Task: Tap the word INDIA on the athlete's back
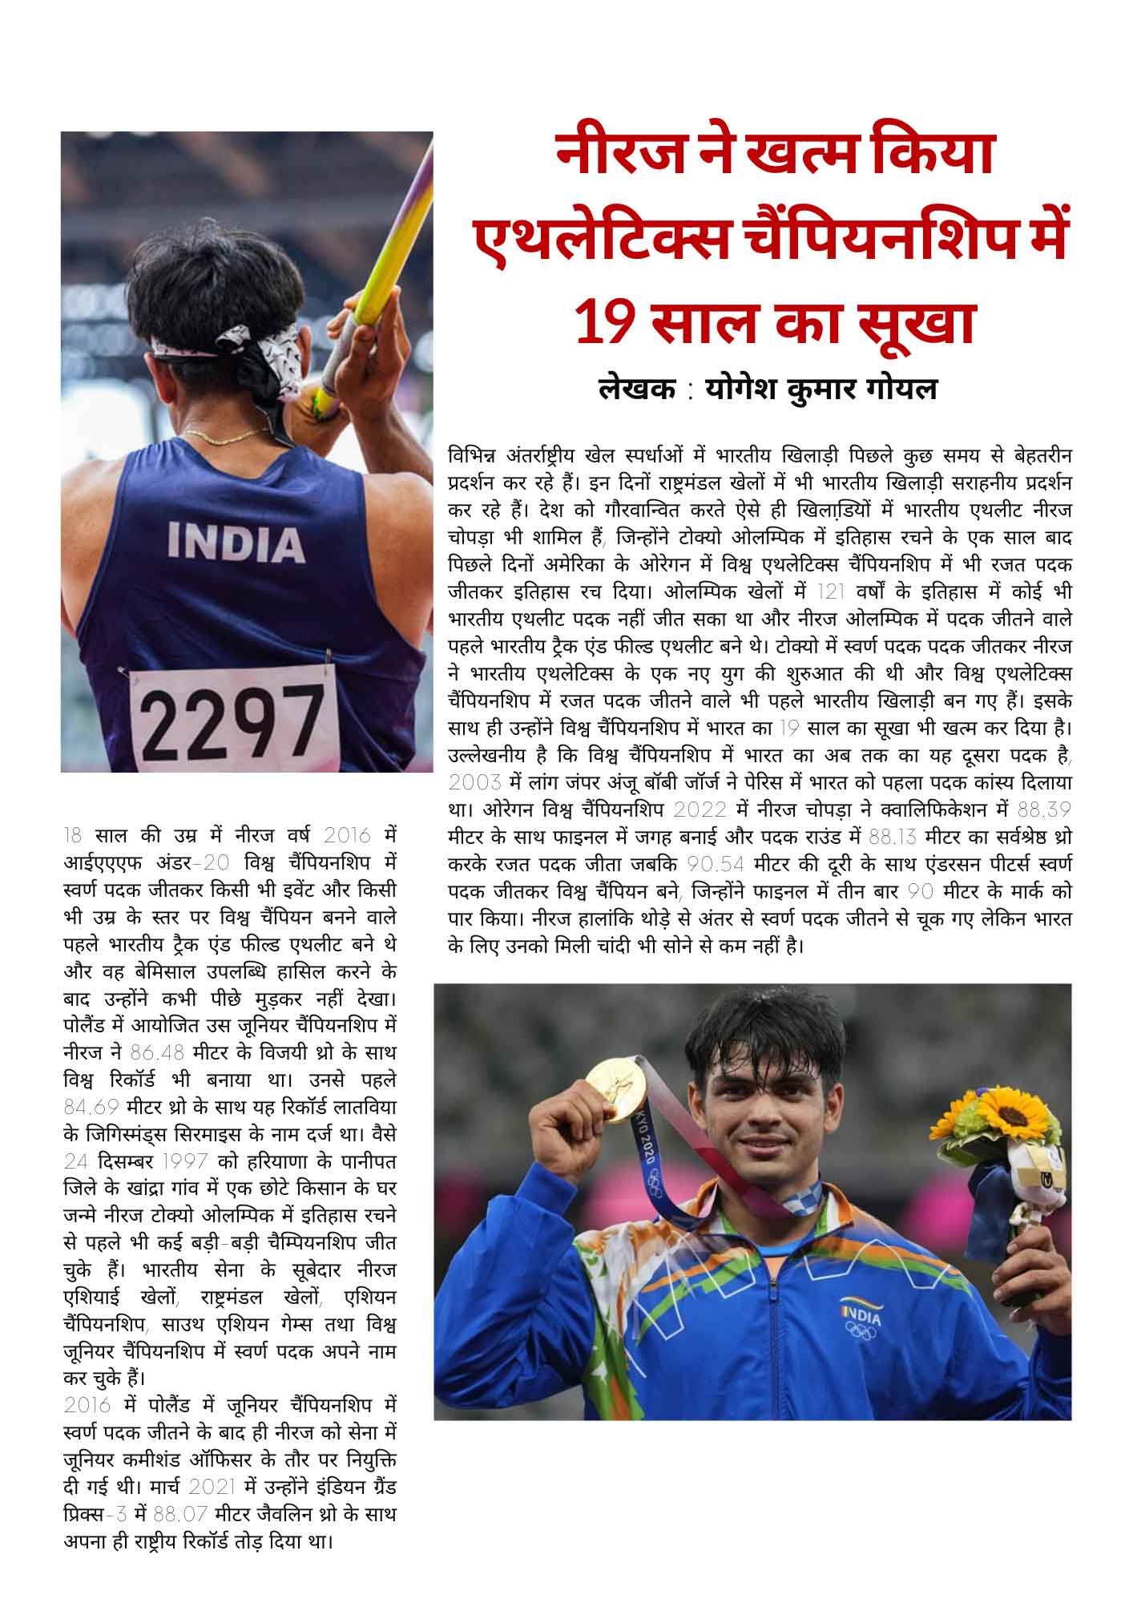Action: tap(236, 543)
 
